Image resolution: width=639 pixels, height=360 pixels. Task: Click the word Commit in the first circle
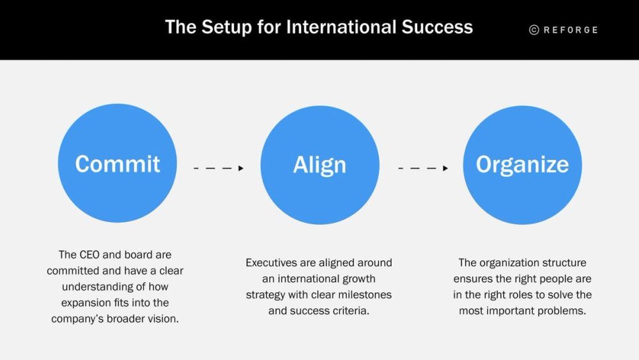coord(118,164)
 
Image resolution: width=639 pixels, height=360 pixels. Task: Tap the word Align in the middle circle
coord(319,166)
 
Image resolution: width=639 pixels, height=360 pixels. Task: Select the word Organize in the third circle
coord(522,165)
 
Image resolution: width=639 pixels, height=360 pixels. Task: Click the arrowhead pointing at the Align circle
coord(241,168)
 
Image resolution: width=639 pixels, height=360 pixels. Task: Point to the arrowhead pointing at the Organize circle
coord(445,168)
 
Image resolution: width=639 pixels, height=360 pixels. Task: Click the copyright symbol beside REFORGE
coord(534,30)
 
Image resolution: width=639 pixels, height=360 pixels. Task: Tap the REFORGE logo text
coord(571,30)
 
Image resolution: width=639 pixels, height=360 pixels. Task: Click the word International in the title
coord(341,27)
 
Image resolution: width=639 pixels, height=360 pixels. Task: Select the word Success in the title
coord(437,27)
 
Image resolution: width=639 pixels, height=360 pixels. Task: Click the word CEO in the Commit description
coord(89,254)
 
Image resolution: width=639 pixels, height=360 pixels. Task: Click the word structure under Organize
coord(564,263)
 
